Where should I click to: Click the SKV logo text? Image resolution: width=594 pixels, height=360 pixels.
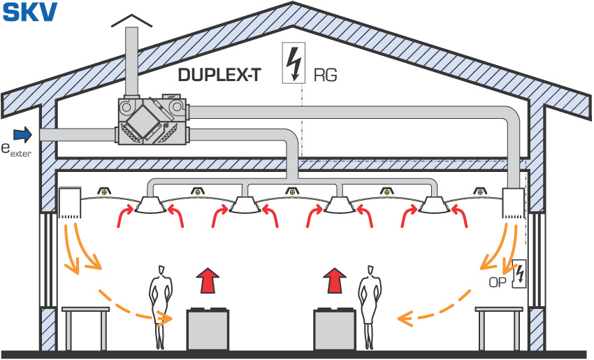click(x=30, y=12)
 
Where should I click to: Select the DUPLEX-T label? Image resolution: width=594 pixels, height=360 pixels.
click(x=219, y=75)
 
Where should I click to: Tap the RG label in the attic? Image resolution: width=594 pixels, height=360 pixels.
click(x=326, y=75)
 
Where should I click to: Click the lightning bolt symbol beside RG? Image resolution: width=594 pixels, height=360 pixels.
click(x=294, y=64)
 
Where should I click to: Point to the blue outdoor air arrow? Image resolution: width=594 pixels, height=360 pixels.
click(x=23, y=134)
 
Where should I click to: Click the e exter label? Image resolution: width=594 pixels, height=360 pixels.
click(x=16, y=150)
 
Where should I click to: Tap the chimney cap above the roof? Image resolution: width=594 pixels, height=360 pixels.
click(x=132, y=21)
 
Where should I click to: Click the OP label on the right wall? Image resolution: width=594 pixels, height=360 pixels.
click(x=498, y=282)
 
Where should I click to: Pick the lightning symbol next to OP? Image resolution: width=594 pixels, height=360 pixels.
click(x=519, y=273)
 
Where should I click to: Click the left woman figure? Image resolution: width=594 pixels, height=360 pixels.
click(x=161, y=307)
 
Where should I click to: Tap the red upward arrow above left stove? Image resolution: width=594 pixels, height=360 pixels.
click(x=208, y=280)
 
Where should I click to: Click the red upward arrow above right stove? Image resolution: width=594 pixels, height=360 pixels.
click(x=335, y=280)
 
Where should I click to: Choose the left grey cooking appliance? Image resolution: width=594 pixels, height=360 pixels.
click(x=208, y=329)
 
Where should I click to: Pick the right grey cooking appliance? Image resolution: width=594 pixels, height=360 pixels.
click(x=335, y=329)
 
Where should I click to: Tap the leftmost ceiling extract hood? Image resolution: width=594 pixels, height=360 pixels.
click(x=150, y=205)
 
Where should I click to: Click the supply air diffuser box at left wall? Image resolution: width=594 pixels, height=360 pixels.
click(x=70, y=203)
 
